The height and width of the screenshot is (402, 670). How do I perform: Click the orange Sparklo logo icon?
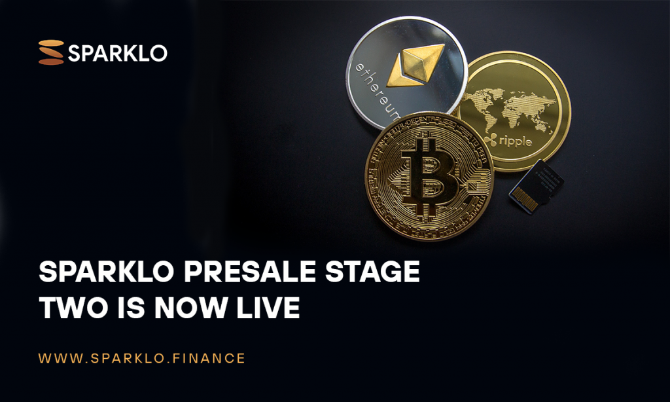click(51, 52)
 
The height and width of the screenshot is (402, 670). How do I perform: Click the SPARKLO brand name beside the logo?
click(118, 53)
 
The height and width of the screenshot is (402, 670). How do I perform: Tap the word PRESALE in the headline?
click(250, 271)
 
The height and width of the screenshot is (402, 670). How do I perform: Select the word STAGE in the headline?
click(372, 271)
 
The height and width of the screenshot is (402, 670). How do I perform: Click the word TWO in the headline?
click(73, 307)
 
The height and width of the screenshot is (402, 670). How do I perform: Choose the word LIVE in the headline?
click(268, 307)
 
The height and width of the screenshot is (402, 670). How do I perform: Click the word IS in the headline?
click(131, 307)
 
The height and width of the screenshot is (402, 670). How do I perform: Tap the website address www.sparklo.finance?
click(142, 358)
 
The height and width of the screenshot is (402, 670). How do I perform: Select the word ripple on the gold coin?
click(516, 141)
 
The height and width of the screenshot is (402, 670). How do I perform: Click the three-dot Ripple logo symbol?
click(491, 140)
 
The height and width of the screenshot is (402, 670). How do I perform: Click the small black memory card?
click(536, 187)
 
